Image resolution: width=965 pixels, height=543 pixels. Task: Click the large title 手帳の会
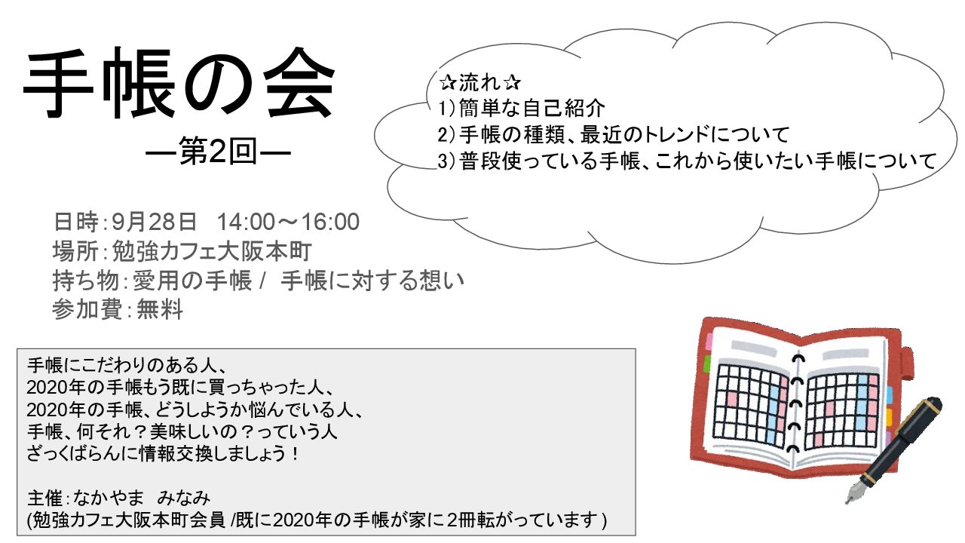[x=179, y=82]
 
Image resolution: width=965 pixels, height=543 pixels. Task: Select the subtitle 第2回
[x=218, y=152]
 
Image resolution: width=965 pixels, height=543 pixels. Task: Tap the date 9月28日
[x=154, y=222]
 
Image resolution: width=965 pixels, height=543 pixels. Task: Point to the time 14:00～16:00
[x=288, y=222]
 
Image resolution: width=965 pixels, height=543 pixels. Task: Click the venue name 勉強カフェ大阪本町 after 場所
[x=212, y=251]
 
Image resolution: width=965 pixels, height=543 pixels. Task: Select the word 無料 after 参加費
[x=159, y=309]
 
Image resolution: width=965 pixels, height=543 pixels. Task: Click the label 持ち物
[x=86, y=281]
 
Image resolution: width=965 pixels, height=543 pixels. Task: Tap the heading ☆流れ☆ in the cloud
[x=480, y=82]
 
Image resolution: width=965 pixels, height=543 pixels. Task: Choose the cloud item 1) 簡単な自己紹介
[x=521, y=108]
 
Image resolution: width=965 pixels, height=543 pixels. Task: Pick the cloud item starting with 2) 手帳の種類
[x=613, y=134]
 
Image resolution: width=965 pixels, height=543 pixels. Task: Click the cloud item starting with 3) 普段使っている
[x=687, y=161]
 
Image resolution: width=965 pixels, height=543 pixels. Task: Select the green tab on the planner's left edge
[x=707, y=364]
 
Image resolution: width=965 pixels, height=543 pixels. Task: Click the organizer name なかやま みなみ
[x=142, y=498]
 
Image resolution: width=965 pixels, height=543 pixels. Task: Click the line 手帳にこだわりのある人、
[x=127, y=366]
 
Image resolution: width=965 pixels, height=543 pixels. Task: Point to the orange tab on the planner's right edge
[x=888, y=417]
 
